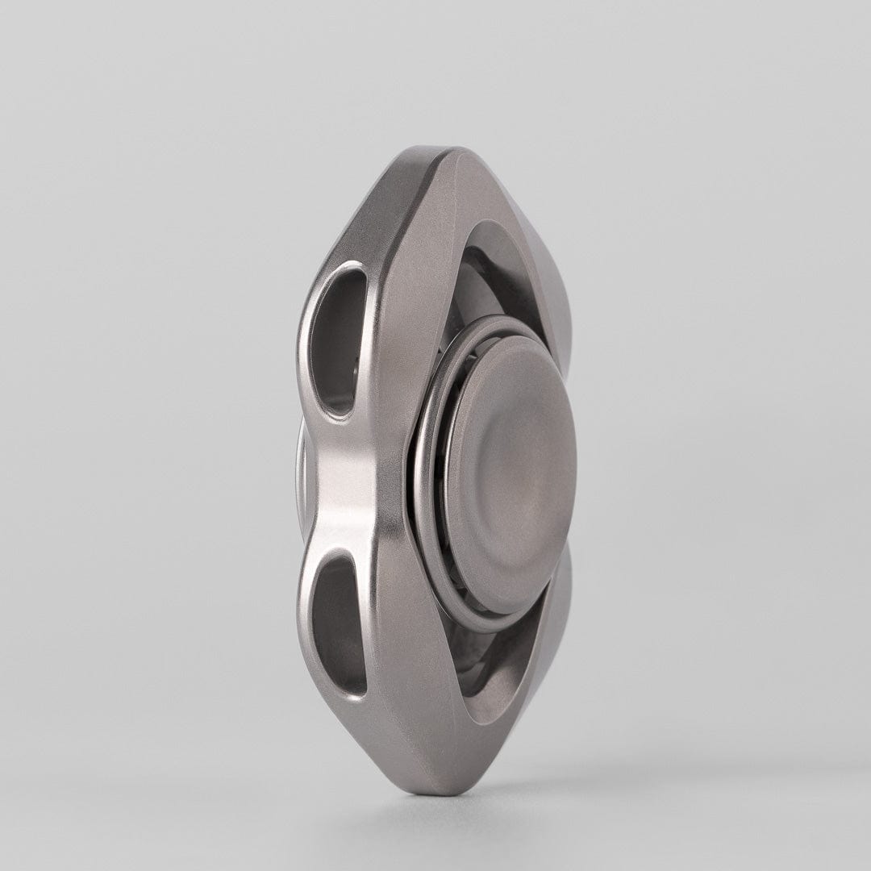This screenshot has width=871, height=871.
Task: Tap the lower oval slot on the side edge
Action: coord(339,625)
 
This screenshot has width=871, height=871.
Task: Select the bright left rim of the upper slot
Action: coord(310,339)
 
